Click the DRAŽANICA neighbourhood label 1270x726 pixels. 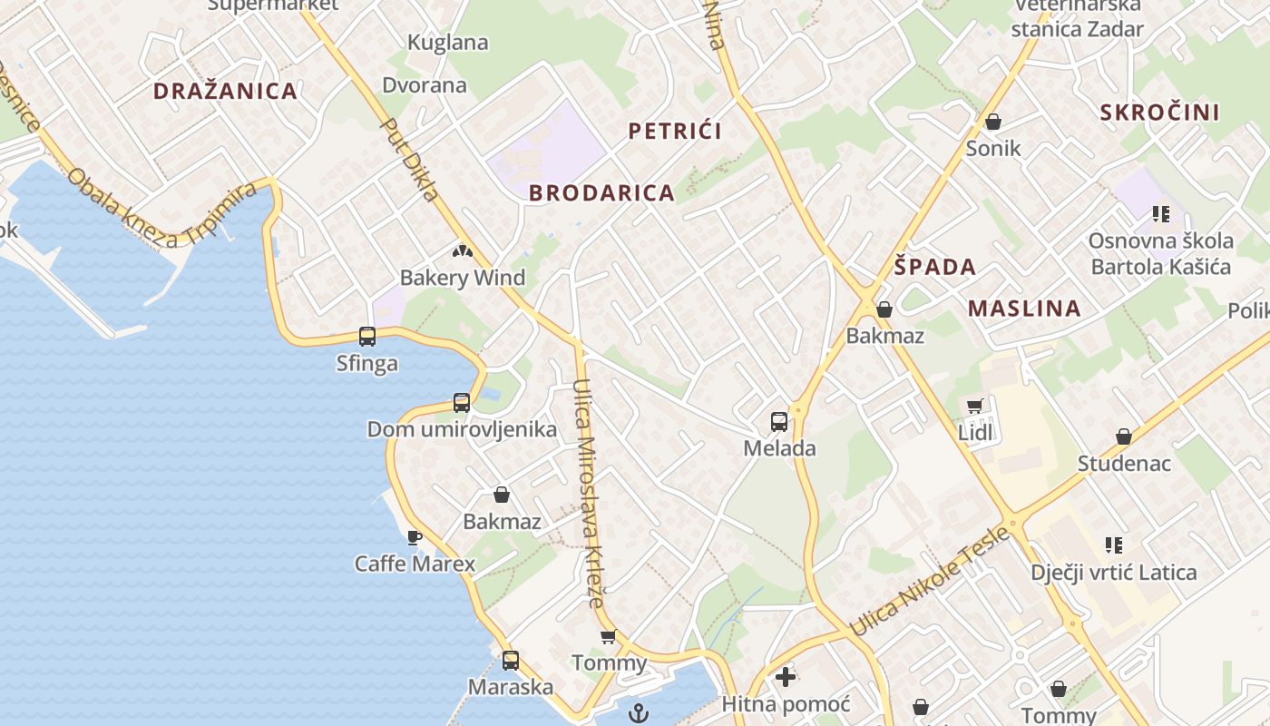coord(225,91)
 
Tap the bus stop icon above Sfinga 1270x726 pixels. coord(367,337)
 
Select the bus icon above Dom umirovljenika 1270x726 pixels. coord(462,403)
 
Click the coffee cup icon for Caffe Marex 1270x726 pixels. coord(415,537)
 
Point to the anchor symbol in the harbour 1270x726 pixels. coord(640,712)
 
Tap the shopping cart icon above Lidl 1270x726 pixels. coord(975,407)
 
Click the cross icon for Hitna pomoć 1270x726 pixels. coord(786,677)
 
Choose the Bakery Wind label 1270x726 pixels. coord(463,278)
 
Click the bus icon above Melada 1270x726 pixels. coord(779,421)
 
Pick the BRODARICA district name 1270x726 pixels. coord(601,193)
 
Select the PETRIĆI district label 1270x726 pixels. coord(675,131)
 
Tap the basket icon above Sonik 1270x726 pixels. coord(993,122)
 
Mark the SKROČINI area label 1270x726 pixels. coord(1159,113)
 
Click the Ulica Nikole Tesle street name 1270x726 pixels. coord(931,581)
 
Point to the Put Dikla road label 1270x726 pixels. coord(409,160)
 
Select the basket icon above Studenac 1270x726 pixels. coord(1124,437)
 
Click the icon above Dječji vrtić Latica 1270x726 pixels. coord(1114,545)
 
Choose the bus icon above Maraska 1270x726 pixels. coord(511,661)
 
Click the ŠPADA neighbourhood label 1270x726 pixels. coord(935,267)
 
